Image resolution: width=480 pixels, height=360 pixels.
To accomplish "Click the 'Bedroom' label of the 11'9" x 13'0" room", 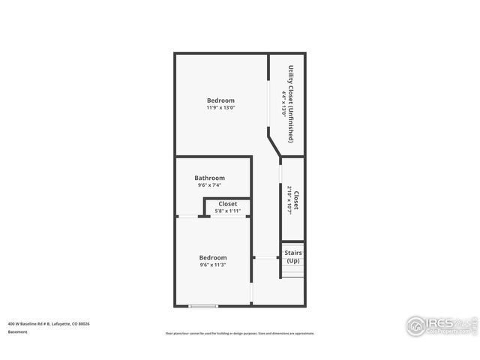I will tap(220, 100).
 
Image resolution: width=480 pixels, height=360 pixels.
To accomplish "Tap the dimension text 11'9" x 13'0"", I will tap(220, 108).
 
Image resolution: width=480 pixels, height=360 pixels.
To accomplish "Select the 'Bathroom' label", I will tap(209, 178).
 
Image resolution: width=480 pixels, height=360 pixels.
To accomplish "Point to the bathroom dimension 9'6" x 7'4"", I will tap(209, 185).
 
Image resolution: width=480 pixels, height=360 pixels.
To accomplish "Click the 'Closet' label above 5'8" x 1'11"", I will tap(227, 204).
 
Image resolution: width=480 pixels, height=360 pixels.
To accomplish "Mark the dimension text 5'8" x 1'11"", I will tap(227, 211).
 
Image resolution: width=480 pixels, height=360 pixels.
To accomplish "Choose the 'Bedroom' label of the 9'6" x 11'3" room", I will tap(213, 258).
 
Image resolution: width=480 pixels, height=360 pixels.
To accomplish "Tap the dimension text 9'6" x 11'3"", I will tap(213, 265).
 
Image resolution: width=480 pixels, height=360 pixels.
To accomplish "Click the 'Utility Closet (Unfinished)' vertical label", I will tap(291, 104).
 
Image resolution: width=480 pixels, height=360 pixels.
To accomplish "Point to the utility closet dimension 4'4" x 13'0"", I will tap(283, 104).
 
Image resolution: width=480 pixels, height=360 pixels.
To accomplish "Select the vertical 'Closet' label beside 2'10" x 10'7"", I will tap(296, 200).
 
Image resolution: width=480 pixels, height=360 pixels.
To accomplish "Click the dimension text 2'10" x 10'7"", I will tap(289, 200).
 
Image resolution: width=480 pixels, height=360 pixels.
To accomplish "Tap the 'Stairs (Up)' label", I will tap(292, 256).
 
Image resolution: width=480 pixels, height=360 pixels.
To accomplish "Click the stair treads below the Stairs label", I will tap(292, 271).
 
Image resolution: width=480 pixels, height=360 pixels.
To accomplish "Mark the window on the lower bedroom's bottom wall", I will tap(202, 305).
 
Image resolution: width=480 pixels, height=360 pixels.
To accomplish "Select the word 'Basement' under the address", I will tap(19, 331).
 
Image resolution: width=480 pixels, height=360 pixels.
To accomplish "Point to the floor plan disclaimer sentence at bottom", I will tap(240, 333).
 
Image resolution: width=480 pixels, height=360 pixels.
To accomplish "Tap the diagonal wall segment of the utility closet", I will tap(274, 142).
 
